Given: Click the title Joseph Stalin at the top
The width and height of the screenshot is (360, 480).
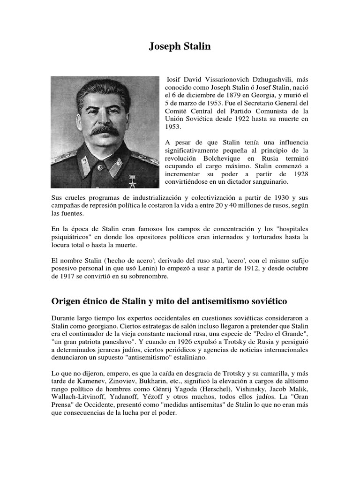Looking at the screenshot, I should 180,46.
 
